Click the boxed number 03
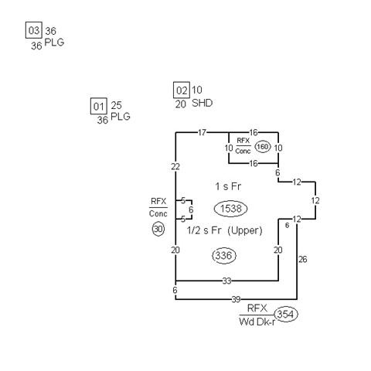(x=34, y=30)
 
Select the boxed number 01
(x=99, y=106)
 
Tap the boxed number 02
(x=182, y=90)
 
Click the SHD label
(x=203, y=103)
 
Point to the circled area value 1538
(x=231, y=209)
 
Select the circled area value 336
(x=224, y=256)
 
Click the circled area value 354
(x=286, y=315)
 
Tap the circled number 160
(x=263, y=147)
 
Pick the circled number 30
(x=158, y=229)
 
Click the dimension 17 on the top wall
(x=202, y=132)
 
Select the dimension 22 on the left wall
(x=175, y=167)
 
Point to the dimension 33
(x=226, y=281)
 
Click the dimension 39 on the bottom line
(x=236, y=299)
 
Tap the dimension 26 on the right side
(x=303, y=260)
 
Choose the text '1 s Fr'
(x=228, y=186)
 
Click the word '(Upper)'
(x=245, y=230)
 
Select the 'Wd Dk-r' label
(x=257, y=322)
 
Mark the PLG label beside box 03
(x=54, y=43)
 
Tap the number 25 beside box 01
(x=116, y=105)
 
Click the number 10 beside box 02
(x=197, y=90)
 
